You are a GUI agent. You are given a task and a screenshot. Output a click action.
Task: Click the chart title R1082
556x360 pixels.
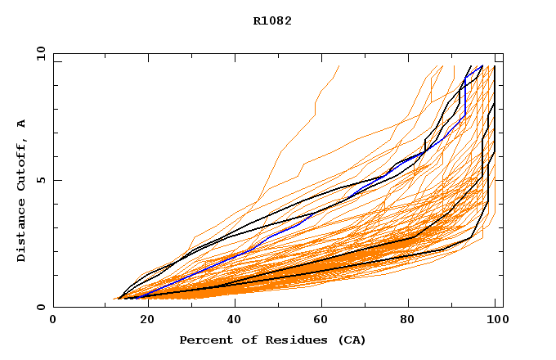point(272,21)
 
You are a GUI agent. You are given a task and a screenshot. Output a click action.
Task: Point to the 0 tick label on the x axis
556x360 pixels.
point(53,321)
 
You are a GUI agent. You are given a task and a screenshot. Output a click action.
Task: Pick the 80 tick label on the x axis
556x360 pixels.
point(415,321)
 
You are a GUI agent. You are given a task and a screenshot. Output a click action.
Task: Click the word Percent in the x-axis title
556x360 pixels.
point(202,340)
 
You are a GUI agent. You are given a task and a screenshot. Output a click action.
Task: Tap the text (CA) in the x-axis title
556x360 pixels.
point(352,340)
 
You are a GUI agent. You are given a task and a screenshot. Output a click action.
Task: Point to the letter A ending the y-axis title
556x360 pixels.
point(22,124)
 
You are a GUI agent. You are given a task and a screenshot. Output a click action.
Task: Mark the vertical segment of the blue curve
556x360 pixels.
point(465,98)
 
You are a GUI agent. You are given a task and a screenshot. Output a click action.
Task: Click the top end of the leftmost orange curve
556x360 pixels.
point(339,66)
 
